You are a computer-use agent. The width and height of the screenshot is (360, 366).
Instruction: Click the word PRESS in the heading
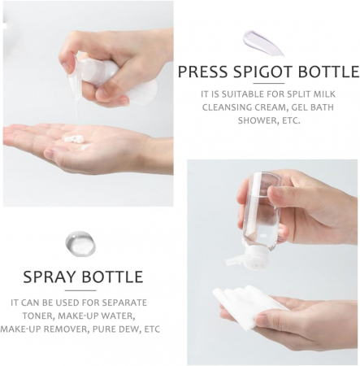tap(202, 72)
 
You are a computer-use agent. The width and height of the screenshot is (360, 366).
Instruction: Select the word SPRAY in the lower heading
tap(50, 277)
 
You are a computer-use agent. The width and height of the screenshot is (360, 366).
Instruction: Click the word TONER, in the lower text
tap(38, 316)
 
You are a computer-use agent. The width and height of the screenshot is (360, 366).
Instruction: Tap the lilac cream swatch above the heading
tap(262, 42)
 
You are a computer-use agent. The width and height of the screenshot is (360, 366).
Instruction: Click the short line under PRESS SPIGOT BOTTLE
tap(269, 84)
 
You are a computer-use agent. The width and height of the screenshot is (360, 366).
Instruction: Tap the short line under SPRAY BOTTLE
tap(80, 290)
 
